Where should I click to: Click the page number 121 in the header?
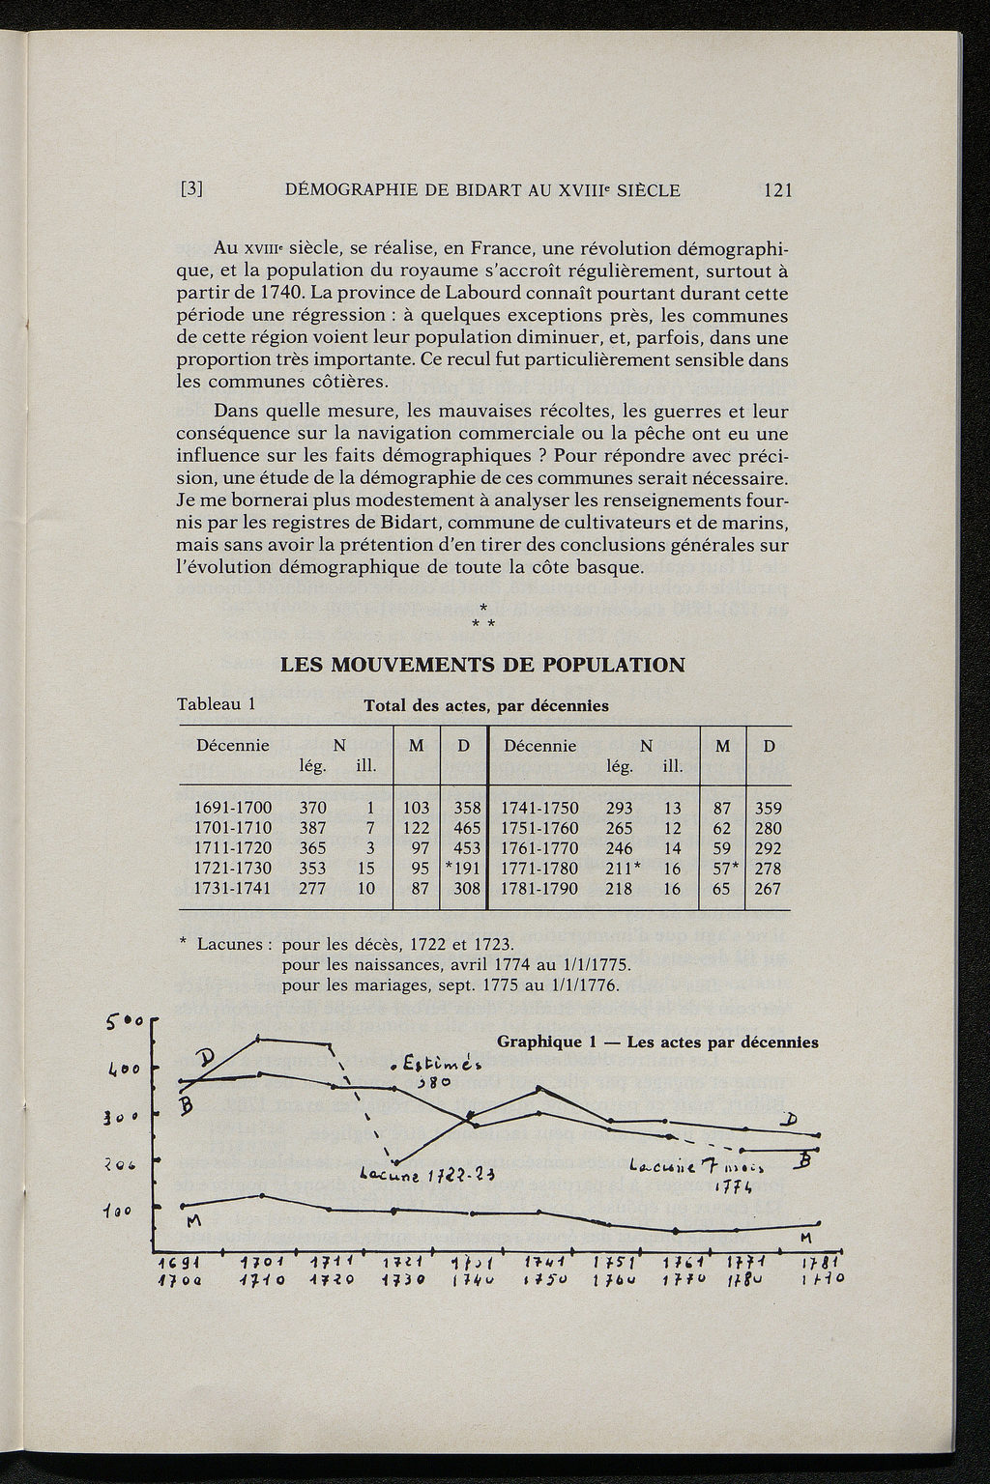pos(777,190)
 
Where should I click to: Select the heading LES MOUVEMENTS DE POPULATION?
pos(482,665)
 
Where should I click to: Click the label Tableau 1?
pos(216,703)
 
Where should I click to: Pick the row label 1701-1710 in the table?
pos(233,828)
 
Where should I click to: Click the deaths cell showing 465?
pos(467,828)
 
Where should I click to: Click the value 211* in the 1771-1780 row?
pos(621,868)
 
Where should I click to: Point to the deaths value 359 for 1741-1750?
pos(768,808)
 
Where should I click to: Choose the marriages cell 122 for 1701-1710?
pos(416,828)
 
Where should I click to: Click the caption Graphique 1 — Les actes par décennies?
pos(657,1042)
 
